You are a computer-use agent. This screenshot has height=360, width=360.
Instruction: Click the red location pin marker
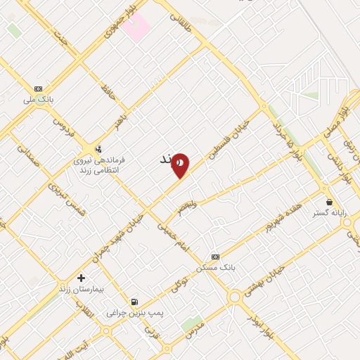click(181, 165)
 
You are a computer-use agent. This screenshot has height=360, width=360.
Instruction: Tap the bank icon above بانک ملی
click(39, 88)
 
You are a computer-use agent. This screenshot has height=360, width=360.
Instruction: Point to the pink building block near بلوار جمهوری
click(138, 26)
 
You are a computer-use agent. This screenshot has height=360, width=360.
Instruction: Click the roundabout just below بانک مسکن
click(234, 298)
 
